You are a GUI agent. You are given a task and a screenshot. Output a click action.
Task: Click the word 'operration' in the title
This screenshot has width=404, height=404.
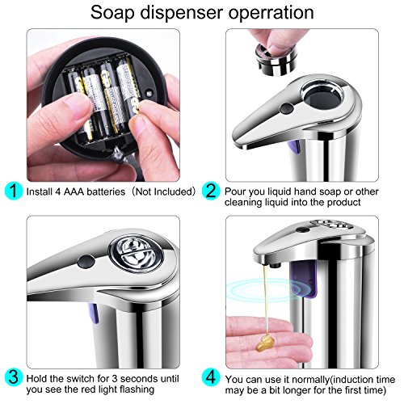[x=271, y=13]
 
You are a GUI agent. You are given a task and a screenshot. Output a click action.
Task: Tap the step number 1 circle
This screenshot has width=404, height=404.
[x=14, y=191]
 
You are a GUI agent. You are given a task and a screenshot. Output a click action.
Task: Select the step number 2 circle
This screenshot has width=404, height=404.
[x=211, y=191]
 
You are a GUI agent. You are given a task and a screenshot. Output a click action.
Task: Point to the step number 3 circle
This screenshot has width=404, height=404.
[x=14, y=377]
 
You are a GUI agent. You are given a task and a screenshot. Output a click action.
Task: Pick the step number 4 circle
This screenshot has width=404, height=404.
[x=211, y=377]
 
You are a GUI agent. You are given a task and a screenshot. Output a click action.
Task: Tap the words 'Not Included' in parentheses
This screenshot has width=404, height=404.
[x=165, y=191]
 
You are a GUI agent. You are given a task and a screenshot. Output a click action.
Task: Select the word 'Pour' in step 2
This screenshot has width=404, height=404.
[x=235, y=191]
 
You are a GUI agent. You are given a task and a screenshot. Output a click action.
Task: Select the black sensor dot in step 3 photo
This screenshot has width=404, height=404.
[x=86, y=261]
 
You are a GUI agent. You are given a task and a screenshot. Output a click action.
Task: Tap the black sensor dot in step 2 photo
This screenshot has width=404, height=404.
[x=287, y=108]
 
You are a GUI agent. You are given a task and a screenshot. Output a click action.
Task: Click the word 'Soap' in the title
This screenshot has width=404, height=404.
[x=112, y=13]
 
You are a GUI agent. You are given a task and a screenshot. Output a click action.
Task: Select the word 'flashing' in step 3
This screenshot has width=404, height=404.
[x=137, y=389]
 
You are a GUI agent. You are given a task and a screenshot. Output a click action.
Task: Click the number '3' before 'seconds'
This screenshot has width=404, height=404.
[x=115, y=378]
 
